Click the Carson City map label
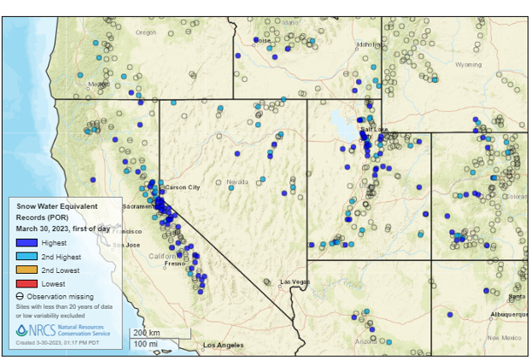pyautogui.click(x=182, y=187)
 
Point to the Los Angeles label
pyautogui.click(x=222, y=345)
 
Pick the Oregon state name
pyautogui.click(x=147, y=32)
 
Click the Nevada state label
pyautogui.click(x=237, y=182)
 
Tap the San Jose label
pyautogui.click(x=126, y=246)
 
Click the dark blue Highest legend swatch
pyautogui.click(x=24, y=243)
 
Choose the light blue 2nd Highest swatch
pyautogui.click(x=24, y=256)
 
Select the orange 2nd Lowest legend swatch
pyautogui.click(x=24, y=270)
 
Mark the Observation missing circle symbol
pyautogui.click(x=20, y=296)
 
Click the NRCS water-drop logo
pyautogui.click(x=22, y=329)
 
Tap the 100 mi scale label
pyautogui.click(x=144, y=343)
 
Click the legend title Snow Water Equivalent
pyautogui.click(x=58, y=206)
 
